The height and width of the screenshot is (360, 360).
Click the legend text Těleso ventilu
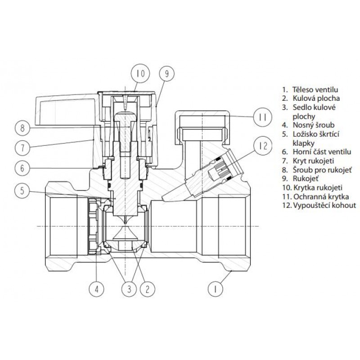(315, 90)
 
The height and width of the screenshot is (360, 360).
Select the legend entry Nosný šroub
(314, 125)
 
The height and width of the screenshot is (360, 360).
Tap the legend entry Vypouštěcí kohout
(324, 205)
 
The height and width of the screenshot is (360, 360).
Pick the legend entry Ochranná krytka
(321, 197)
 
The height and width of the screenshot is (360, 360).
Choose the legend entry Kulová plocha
(316, 98)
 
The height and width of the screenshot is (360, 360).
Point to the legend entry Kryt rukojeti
(313, 161)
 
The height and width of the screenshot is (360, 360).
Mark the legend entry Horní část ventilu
(322, 152)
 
